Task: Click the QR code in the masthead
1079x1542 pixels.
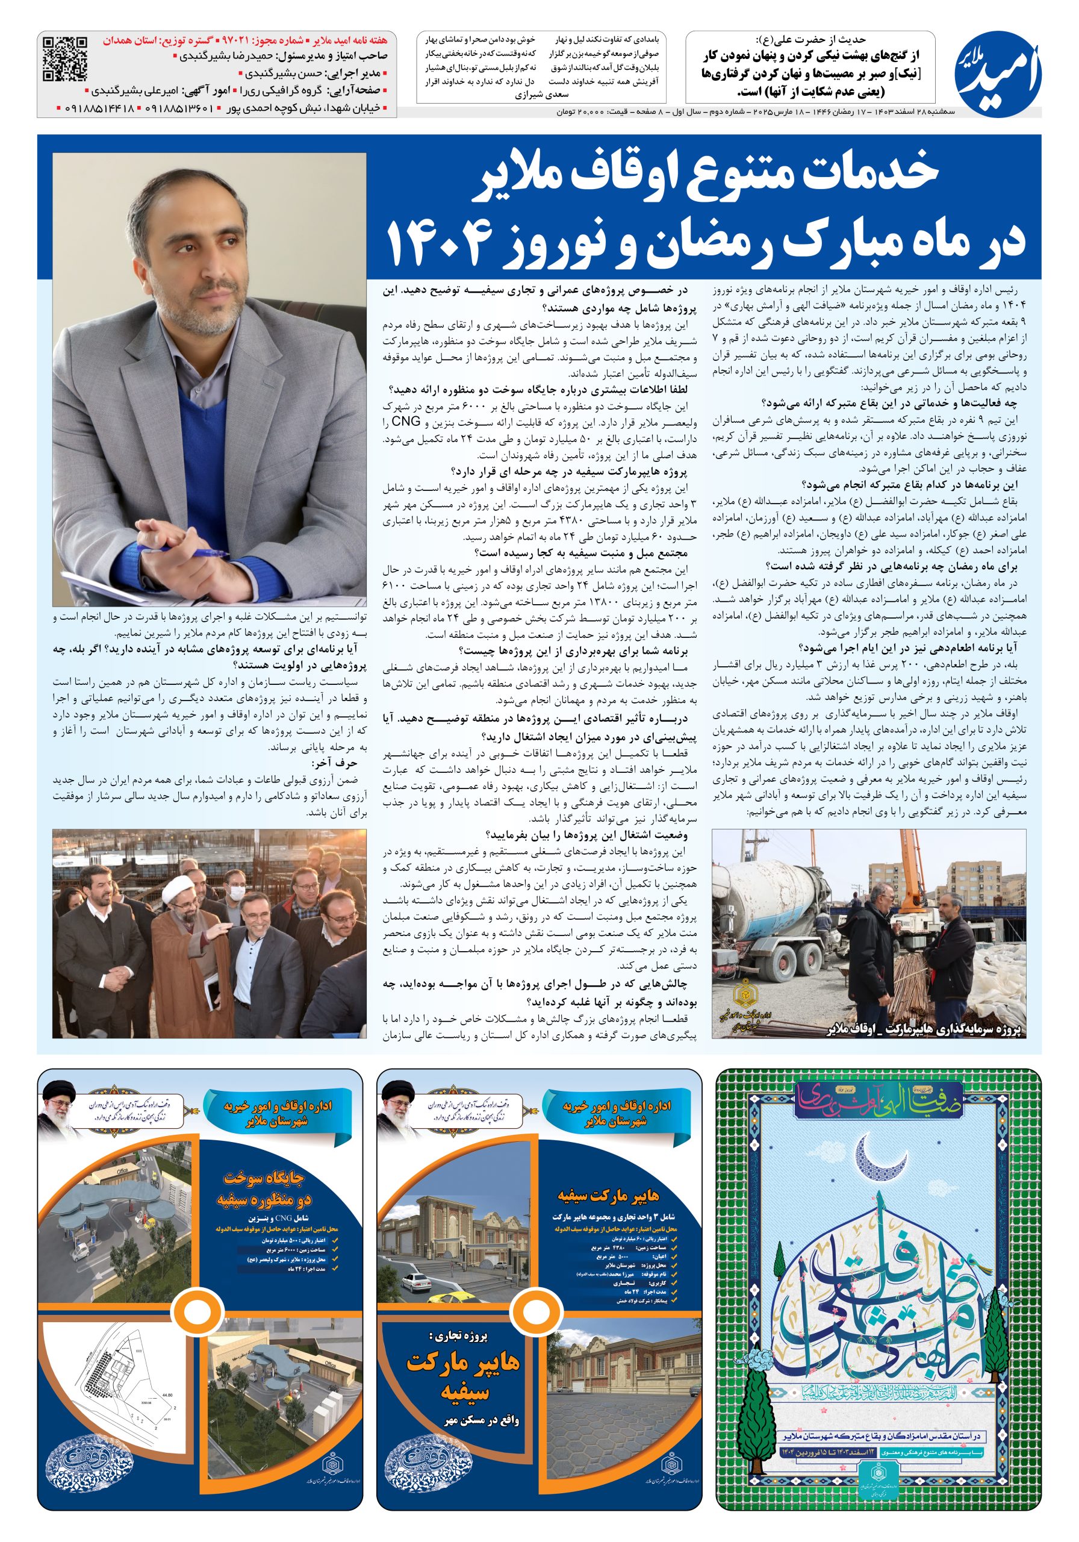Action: click(65, 58)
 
